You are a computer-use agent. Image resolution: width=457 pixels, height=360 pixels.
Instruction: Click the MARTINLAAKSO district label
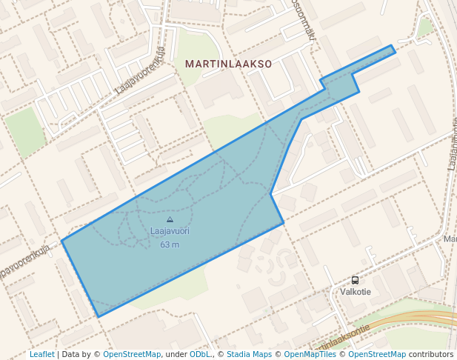228,64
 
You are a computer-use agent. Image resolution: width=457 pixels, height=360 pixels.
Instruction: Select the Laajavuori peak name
170,231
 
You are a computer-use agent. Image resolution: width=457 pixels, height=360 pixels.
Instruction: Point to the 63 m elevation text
170,244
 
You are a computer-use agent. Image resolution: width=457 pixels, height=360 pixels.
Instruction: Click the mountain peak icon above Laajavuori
170,219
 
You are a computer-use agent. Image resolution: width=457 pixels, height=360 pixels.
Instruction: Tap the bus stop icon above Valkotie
355,281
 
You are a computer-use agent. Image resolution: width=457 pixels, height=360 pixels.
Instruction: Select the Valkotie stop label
356,292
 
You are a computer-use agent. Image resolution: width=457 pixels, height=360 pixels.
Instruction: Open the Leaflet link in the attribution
41,354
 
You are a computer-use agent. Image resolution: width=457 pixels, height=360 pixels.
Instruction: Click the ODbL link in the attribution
199,354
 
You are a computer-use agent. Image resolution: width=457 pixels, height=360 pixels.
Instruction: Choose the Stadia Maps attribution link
249,354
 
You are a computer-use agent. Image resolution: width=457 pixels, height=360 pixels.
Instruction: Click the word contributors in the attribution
431,354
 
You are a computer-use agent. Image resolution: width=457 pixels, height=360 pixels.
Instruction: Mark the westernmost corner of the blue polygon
62,240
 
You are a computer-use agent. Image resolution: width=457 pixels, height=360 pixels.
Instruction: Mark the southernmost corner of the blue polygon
99,316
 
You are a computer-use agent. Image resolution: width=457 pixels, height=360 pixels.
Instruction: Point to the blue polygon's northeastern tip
392,47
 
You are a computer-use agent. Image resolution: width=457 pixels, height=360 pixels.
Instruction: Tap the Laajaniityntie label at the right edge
452,144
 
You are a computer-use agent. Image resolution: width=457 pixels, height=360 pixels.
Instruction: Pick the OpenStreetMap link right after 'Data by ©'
132,354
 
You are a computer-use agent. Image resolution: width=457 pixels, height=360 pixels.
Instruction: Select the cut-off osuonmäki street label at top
304,19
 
